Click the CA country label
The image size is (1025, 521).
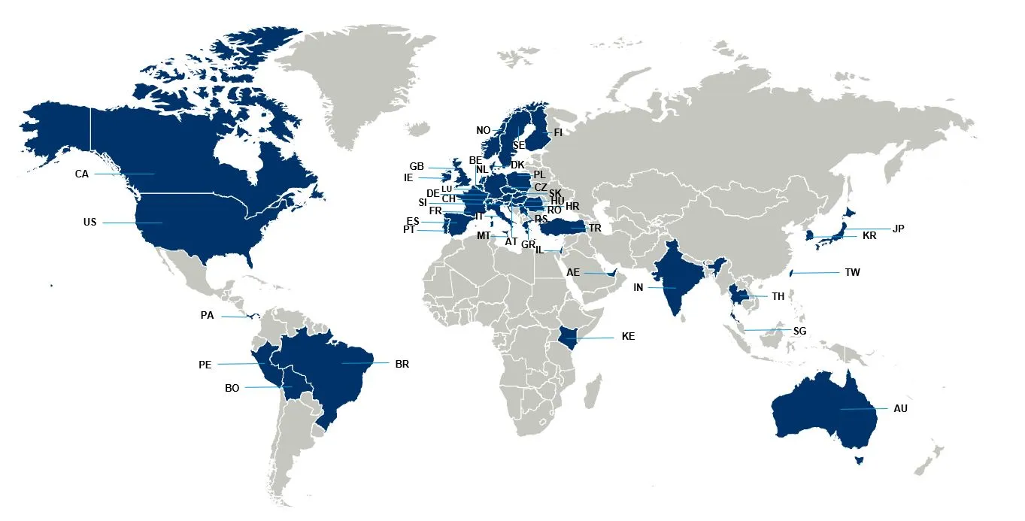point(82,174)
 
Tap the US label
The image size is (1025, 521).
point(90,223)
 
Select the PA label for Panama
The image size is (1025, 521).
point(208,316)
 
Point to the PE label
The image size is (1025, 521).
point(205,365)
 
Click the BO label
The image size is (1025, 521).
point(232,388)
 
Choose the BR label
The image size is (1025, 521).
point(402,364)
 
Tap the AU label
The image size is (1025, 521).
point(901,408)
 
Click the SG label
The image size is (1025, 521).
point(799,331)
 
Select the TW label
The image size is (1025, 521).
point(852,272)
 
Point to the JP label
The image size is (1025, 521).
point(898,229)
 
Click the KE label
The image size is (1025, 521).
point(628,337)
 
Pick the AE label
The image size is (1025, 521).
point(574,273)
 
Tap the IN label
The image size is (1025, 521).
point(638,287)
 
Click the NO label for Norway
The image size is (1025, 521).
point(484,130)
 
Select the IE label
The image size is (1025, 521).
point(408,178)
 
